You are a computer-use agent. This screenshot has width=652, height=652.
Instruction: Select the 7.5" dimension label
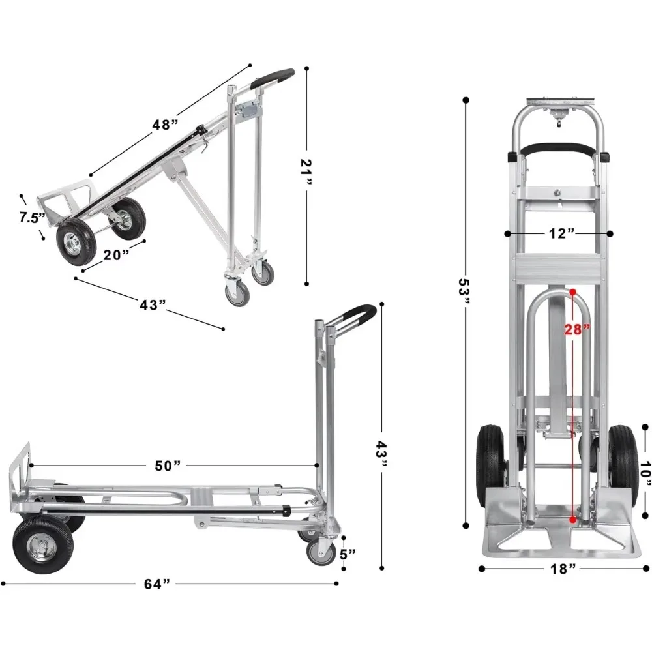coord(31,217)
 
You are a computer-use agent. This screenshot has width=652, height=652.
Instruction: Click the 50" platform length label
coord(168,466)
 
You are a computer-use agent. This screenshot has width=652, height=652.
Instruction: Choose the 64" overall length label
coord(156,584)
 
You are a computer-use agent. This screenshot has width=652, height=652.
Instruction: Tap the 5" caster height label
coord(348,555)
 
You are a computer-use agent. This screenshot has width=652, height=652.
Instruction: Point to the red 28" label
coord(578,329)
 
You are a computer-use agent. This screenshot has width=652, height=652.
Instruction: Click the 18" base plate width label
coord(563,569)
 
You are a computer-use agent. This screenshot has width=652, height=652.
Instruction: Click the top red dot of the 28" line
coord(572,293)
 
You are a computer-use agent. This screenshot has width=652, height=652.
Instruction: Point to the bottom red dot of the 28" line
coord(572,520)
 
